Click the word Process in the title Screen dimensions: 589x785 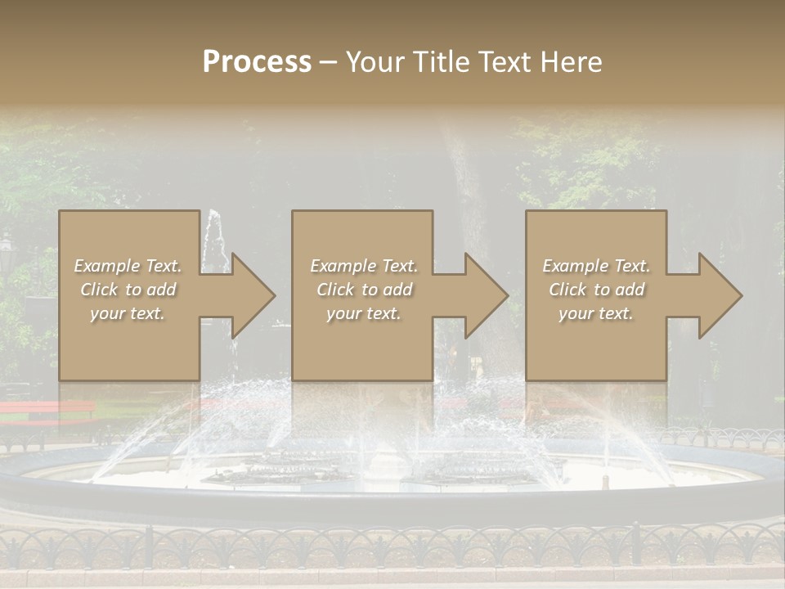[x=257, y=62]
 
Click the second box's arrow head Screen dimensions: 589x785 [x=486, y=295]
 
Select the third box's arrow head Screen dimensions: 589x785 [x=720, y=295]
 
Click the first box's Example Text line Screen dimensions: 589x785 [x=128, y=266]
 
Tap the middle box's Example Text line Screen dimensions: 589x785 [x=363, y=266]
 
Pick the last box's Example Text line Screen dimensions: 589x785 [x=596, y=266]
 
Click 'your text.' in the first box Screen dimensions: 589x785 [x=128, y=313]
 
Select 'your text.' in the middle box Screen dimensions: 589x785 [x=363, y=313]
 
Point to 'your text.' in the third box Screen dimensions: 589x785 [x=596, y=313]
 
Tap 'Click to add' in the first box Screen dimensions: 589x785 [x=128, y=290]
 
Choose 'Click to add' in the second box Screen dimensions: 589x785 [x=363, y=290]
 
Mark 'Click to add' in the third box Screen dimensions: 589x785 [x=596, y=290]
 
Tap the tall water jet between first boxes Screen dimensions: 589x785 [x=214, y=237]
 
